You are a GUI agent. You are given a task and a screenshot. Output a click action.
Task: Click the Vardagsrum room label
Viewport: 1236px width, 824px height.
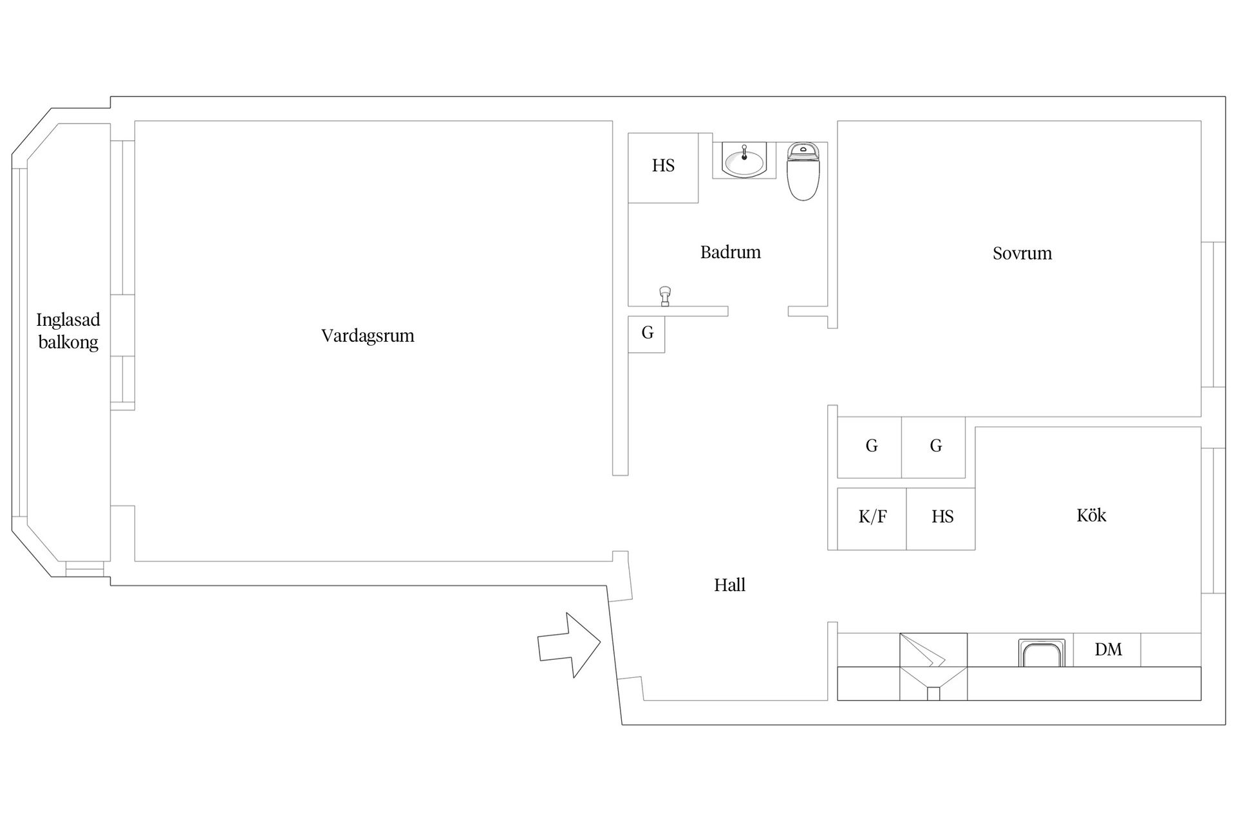[368, 336]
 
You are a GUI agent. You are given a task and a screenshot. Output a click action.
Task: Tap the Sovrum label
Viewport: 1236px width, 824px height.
[1022, 254]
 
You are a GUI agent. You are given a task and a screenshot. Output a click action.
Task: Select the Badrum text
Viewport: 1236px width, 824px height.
[731, 252]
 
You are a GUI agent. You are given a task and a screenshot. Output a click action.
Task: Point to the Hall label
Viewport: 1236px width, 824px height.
[729, 585]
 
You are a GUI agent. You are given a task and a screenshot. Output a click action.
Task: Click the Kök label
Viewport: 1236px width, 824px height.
[1091, 515]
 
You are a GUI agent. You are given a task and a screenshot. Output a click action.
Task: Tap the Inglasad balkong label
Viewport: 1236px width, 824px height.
[68, 331]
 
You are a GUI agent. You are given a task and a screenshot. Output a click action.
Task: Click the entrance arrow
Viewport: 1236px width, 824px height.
[569, 645]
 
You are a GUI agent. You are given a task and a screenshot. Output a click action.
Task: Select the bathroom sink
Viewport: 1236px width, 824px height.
[744, 160]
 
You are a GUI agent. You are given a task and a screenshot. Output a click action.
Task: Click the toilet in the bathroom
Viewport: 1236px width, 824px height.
[803, 171]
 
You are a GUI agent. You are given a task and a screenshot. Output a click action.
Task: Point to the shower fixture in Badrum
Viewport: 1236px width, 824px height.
[665, 295]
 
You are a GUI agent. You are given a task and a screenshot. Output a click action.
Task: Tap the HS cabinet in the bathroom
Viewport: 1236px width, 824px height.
[663, 168]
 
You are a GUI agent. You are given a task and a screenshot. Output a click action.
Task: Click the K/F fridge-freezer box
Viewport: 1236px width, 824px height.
[872, 519]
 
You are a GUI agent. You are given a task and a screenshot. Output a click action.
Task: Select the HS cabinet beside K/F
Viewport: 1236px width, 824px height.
[941, 519]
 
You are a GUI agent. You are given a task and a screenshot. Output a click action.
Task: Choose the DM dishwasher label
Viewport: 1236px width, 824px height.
[1108, 650]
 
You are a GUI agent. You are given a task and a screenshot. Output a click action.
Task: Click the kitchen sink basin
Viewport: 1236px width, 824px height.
[1041, 653]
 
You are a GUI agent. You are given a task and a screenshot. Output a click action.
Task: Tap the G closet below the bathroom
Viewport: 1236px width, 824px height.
[646, 334]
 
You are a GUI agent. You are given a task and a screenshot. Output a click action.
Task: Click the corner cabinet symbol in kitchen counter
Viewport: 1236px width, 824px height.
[933, 666]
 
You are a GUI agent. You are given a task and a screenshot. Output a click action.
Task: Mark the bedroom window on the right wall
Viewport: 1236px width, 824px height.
[1213, 315]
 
